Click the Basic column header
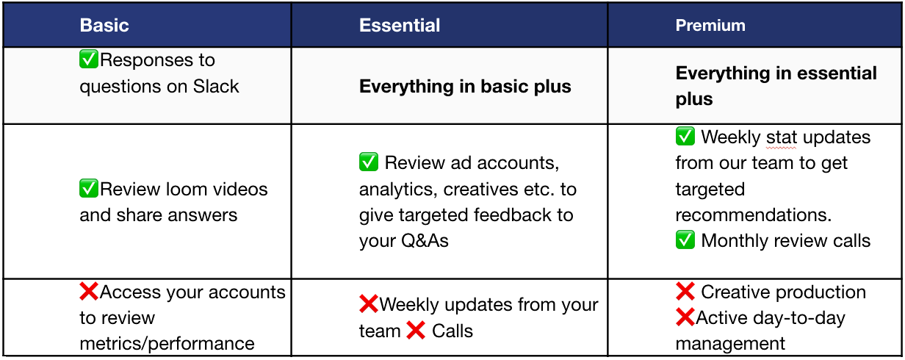[x=104, y=25]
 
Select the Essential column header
[x=400, y=25]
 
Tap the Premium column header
[x=710, y=25]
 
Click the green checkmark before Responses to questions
[x=89, y=59]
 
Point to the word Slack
[x=216, y=86]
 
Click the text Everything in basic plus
[x=465, y=86]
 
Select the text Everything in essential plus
[x=776, y=86]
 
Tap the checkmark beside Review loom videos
[x=89, y=188]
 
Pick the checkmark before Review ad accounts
[x=369, y=162]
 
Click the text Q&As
[x=425, y=241]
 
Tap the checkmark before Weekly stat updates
[x=685, y=136]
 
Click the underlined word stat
[x=781, y=137]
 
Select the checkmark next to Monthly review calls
[x=685, y=240]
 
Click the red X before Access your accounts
[x=89, y=292]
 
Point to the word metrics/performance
[x=167, y=344]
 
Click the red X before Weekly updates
[x=369, y=304]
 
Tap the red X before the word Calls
[x=416, y=330]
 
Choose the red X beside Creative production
[x=685, y=292]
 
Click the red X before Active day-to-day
[x=685, y=317]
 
